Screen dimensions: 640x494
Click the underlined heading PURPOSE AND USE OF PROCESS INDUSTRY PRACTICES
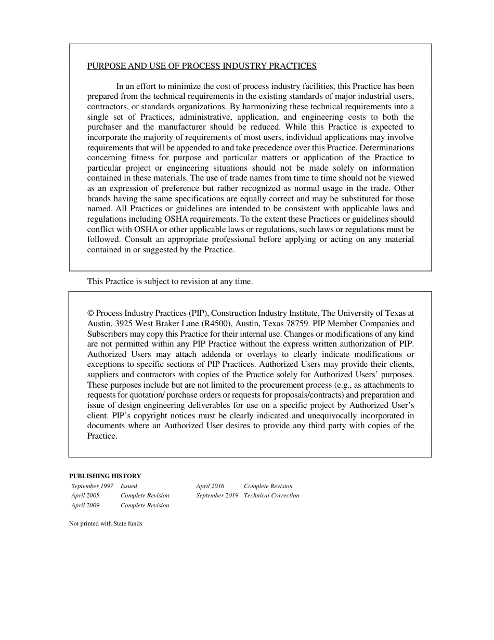click(202, 66)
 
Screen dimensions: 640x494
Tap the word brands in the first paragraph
click(99, 199)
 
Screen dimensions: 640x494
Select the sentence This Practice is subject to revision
click(170, 281)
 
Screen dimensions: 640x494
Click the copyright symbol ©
click(90, 313)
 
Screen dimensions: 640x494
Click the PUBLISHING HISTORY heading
click(105, 476)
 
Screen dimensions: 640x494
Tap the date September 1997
click(93, 486)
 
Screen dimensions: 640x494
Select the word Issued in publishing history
click(129, 486)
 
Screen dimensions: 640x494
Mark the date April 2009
click(85, 505)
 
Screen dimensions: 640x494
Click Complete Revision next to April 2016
click(268, 486)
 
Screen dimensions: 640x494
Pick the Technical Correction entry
click(271, 495)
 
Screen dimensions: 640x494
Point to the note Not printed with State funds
click(106, 523)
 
